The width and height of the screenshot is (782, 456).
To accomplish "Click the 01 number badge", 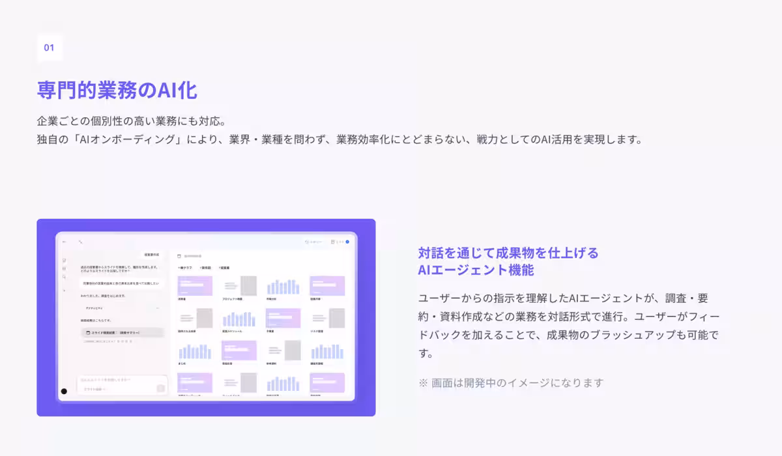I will click(x=50, y=48).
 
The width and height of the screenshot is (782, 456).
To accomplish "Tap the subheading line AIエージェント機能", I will click(x=476, y=270).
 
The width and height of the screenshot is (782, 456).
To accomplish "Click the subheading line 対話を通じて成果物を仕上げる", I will click(x=508, y=253).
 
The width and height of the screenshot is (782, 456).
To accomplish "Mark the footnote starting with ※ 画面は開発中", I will click(x=511, y=382).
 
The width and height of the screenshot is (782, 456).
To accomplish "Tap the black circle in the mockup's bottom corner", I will click(x=64, y=392).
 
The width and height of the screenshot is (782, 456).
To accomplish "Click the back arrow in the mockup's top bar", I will click(x=65, y=242).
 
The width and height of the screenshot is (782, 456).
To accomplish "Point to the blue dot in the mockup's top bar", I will click(x=347, y=242).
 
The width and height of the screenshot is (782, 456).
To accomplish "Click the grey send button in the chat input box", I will click(x=160, y=388).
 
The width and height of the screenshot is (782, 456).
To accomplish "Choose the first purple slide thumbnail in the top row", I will click(x=194, y=286).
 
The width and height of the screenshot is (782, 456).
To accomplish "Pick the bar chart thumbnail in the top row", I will click(x=283, y=286).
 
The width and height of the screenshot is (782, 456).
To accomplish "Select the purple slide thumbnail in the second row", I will click(x=283, y=318).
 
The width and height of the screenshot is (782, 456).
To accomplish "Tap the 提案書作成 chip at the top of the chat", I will click(x=151, y=255).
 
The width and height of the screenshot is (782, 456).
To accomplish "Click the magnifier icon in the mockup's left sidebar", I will click(x=65, y=277).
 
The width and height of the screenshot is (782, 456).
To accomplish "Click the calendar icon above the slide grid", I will click(x=179, y=255).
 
